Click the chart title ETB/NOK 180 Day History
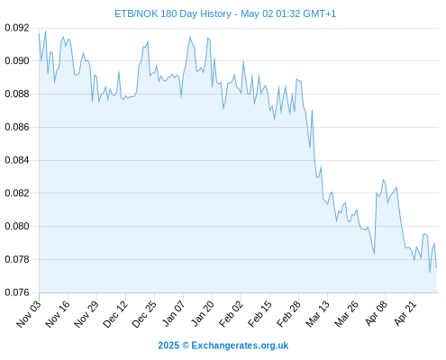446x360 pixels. pos(173,13)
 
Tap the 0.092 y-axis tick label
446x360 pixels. pos(17,28)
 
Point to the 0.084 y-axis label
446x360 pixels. pos(17,160)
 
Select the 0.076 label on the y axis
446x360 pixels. pos(17,292)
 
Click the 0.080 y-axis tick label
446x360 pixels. pos(17,226)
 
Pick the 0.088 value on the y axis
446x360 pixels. pos(17,94)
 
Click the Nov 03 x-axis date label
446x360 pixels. pos(28,314)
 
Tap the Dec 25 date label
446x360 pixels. pos(144,314)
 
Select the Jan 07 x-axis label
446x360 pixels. pos(173,313)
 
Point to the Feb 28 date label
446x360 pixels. pos(288,314)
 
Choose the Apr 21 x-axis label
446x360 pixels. pos(405,313)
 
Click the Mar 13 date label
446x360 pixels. pos(317,314)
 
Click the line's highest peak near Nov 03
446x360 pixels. pos(46,31)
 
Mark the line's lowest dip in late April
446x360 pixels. pos(430,273)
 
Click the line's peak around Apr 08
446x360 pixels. pos(383,179)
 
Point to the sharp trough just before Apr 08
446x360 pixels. pos(374,255)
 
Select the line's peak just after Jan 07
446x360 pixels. pos(190,36)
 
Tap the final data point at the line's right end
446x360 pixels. pos(436,268)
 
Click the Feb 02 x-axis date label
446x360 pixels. pos(231,314)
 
